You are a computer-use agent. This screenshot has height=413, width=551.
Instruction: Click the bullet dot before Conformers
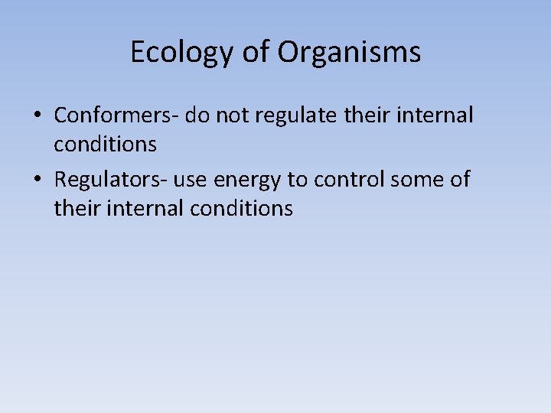[37, 116]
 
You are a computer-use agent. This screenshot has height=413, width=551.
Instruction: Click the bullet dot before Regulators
[37, 180]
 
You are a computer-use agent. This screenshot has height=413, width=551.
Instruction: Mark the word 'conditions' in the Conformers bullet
[106, 143]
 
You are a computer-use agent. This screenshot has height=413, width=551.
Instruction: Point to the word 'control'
[353, 180]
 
